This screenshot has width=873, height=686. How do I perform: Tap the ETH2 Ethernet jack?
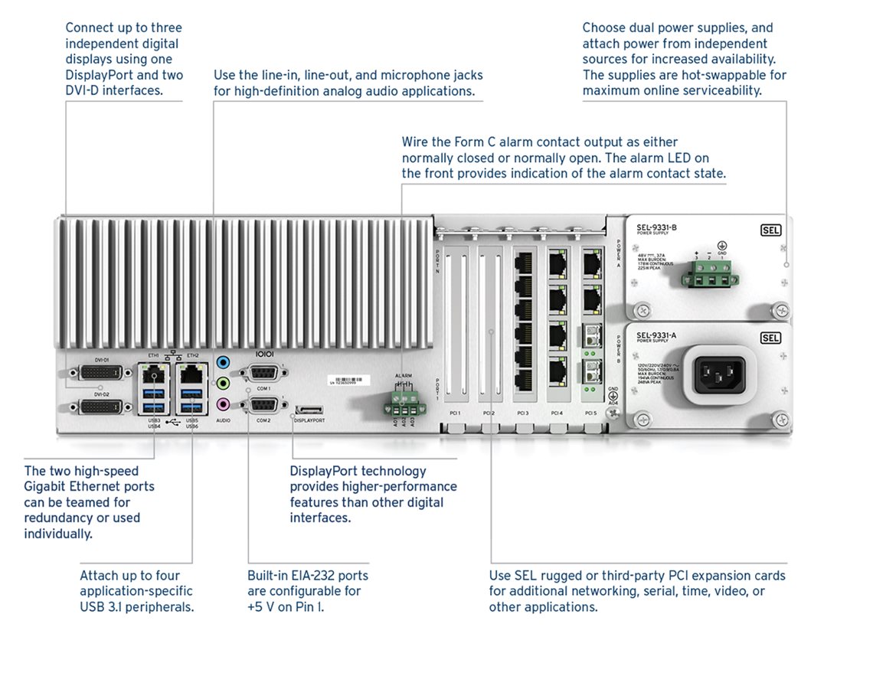(x=191, y=374)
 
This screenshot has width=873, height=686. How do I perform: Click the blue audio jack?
(x=224, y=362)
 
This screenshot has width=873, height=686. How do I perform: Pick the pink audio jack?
(x=224, y=403)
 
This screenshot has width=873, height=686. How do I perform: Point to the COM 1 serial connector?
(x=263, y=374)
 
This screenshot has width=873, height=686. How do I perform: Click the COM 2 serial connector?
(x=263, y=405)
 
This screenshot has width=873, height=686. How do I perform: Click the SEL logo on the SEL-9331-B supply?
(x=770, y=230)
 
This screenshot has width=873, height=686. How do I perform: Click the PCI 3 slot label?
(x=523, y=413)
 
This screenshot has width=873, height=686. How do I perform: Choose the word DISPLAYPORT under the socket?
(x=310, y=420)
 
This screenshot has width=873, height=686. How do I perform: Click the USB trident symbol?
(x=173, y=422)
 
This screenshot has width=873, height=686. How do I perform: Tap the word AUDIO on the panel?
(x=224, y=420)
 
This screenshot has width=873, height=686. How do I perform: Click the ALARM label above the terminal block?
(x=403, y=376)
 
